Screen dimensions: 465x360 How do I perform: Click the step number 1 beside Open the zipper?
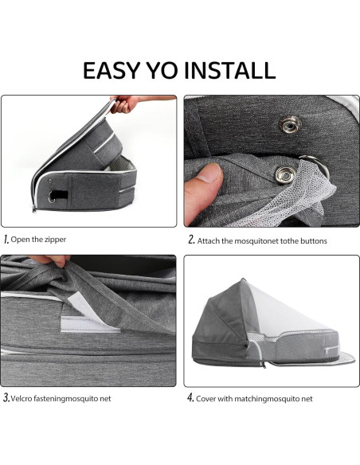pos(6,239)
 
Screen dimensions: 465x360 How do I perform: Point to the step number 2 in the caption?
pos(191,239)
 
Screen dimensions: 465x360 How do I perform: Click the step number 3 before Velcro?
pos(6,397)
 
